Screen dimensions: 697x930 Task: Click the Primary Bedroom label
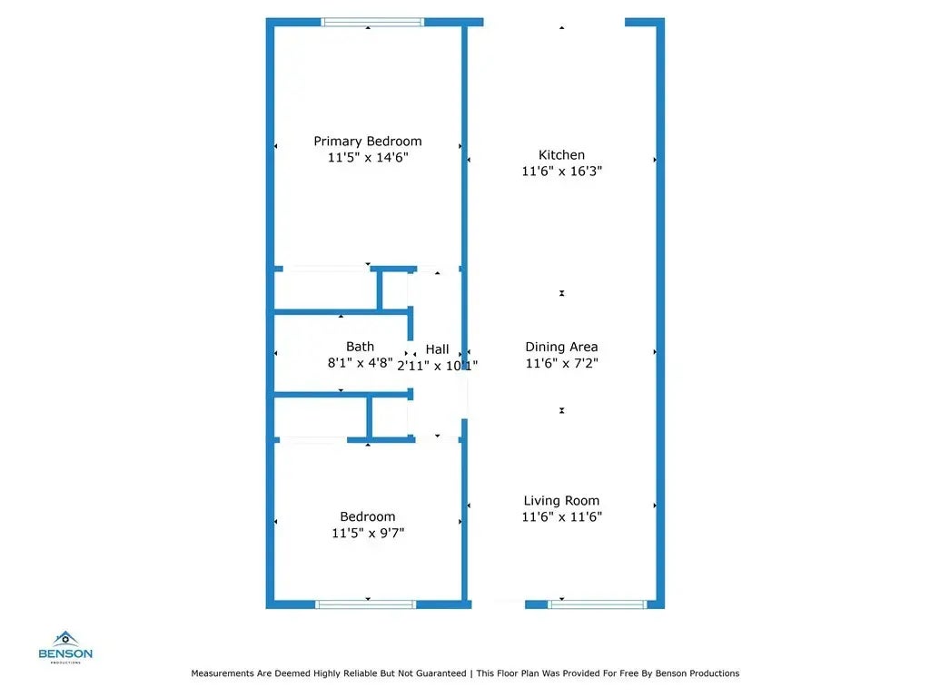(x=368, y=142)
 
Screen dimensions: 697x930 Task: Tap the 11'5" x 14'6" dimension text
(x=368, y=158)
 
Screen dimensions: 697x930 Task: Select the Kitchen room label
(x=561, y=155)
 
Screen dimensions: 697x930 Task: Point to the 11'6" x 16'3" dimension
(x=561, y=172)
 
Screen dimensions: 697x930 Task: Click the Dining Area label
(x=561, y=347)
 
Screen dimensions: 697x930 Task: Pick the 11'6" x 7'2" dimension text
(x=561, y=363)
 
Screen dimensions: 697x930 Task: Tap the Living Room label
(x=561, y=501)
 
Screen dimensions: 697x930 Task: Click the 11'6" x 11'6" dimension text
(x=561, y=517)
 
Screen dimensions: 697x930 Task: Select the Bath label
(x=360, y=347)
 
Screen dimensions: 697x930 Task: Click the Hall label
(x=437, y=349)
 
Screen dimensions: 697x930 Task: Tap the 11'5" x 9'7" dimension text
(x=368, y=534)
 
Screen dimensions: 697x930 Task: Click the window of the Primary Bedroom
(x=372, y=23)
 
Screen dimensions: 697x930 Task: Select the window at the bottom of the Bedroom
(x=365, y=604)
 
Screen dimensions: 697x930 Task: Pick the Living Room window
(x=597, y=604)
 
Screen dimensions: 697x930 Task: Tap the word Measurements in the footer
(x=223, y=673)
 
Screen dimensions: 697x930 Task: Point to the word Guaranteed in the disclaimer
(x=439, y=673)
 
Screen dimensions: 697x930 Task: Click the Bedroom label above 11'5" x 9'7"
(x=368, y=517)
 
